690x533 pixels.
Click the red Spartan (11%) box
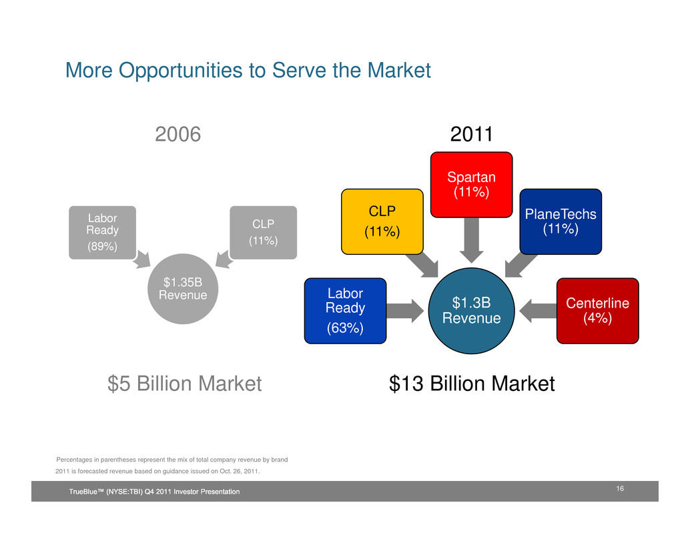point(471,185)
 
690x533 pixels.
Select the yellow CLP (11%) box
point(382,221)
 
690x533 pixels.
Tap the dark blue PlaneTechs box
point(561,221)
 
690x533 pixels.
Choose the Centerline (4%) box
point(598,310)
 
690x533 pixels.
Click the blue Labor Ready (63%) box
point(346,310)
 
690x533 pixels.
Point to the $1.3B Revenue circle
point(471,310)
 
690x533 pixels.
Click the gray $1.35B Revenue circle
point(183,289)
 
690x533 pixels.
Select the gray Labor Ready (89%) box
point(103,233)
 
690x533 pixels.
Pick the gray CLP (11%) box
point(263,233)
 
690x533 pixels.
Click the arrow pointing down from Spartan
point(471,240)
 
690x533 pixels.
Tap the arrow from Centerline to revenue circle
point(538,311)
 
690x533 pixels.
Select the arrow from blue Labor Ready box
point(405,311)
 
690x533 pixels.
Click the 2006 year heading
point(178,134)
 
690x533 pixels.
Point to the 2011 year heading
point(471,134)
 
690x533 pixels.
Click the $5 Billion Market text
point(185,384)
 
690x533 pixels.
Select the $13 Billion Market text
point(472,384)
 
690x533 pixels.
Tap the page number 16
point(620,488)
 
